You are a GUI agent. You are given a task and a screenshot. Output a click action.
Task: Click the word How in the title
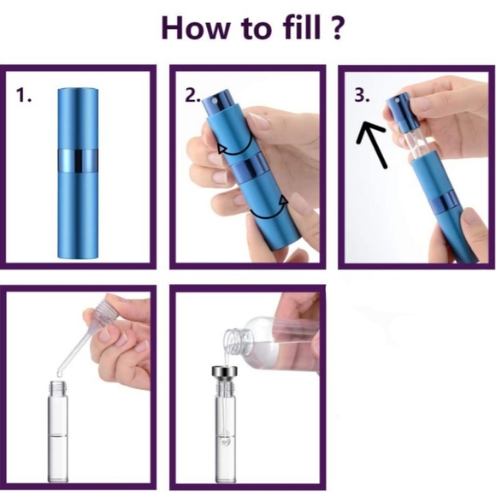[x=195, y=28]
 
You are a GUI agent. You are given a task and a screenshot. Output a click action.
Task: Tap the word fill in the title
[x=302, y=27]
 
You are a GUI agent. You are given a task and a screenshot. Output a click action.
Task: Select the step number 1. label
[x=24, y=95]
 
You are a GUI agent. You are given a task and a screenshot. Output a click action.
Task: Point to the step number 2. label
[x=193, y=95]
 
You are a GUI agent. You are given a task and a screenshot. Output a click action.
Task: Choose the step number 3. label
[x=362, y=95]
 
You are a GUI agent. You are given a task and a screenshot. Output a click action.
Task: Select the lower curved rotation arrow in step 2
[x=269, y=213]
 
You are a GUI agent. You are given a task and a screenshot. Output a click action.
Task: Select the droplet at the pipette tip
[x=59, y=374]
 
